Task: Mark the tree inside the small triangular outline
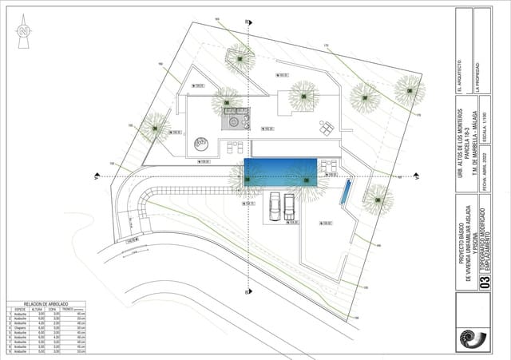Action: pos(239,57)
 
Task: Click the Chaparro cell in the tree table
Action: pos(22,328)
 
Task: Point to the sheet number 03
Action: pos(480,282)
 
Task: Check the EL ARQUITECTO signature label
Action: pos(458,77)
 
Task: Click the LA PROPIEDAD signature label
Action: pos(477,77)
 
